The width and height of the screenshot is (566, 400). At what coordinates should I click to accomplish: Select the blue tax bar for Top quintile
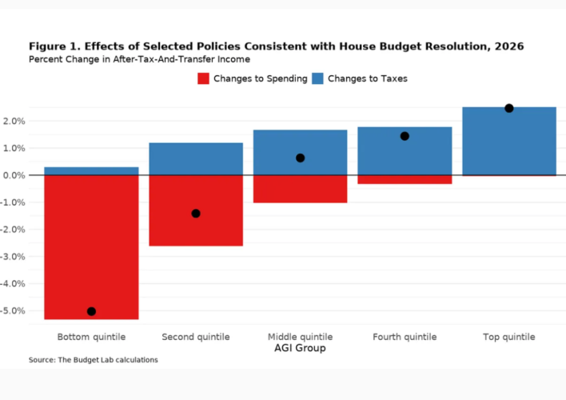pyautogui.click(x=508, y=141)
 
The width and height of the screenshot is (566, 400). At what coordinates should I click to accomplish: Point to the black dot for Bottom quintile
pyautogui.click(x=91, y=311)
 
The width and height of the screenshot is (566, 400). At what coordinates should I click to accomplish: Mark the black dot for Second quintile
pyautogui.click(x=196, y=214)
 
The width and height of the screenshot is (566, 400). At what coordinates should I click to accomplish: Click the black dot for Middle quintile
pyautogui.click(x=300, y=158)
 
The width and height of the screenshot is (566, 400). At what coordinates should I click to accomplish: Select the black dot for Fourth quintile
pyautogui.click(x=405, y=136)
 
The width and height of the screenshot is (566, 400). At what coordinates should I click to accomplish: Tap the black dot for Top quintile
pyautogui.click(x=508, y=108)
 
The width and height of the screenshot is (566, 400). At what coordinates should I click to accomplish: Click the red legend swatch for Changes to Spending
pyautogui.click(x=203, y=78)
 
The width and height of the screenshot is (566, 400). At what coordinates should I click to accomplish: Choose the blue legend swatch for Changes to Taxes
pyautogui.click(x=317, y=78)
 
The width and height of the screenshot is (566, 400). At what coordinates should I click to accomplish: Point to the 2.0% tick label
pyautogui.click(x=14, y=121)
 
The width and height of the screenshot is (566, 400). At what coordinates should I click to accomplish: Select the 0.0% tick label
pyautogui.click(x=14, y=175)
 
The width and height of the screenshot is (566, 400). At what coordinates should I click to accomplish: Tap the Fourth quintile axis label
pyautogui.click(x=405, y=337)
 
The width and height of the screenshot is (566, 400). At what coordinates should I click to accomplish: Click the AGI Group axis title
pyautogui.click(x=300, y=349)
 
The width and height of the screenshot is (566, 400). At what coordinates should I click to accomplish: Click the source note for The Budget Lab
pyautogui.click(x=93, y=360)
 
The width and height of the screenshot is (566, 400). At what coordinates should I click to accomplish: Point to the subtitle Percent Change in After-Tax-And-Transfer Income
pyautogui.click(x=139, y=59)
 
